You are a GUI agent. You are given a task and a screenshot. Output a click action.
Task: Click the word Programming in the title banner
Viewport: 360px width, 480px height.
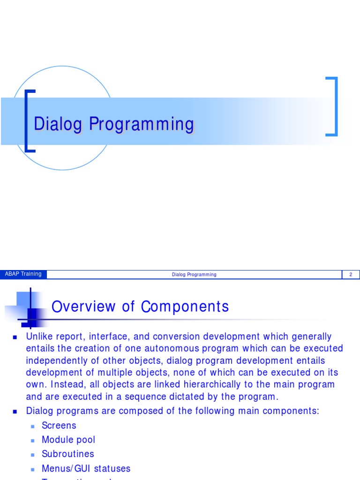pos(142,124)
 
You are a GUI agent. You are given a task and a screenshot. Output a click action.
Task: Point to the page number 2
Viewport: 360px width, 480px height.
pos(350,275)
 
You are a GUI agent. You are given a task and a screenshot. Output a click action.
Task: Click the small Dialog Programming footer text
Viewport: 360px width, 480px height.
pos(194,275)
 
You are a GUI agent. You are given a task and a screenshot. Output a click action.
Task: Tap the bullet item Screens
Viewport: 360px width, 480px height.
pos(59,426)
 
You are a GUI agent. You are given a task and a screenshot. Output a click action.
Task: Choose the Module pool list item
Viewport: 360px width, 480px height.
pos(68,440)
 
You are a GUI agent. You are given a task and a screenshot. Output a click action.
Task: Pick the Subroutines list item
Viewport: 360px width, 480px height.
pos(68,454)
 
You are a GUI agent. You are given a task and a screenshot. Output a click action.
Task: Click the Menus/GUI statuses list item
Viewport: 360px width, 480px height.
pos(86,468)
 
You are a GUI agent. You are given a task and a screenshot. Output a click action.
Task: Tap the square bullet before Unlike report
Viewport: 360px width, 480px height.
pos(15,337)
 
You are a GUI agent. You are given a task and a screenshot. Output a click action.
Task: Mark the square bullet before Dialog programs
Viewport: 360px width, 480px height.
pos(15,411)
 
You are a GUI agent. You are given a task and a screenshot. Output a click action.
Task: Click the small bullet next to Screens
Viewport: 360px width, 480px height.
pos(33,426)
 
